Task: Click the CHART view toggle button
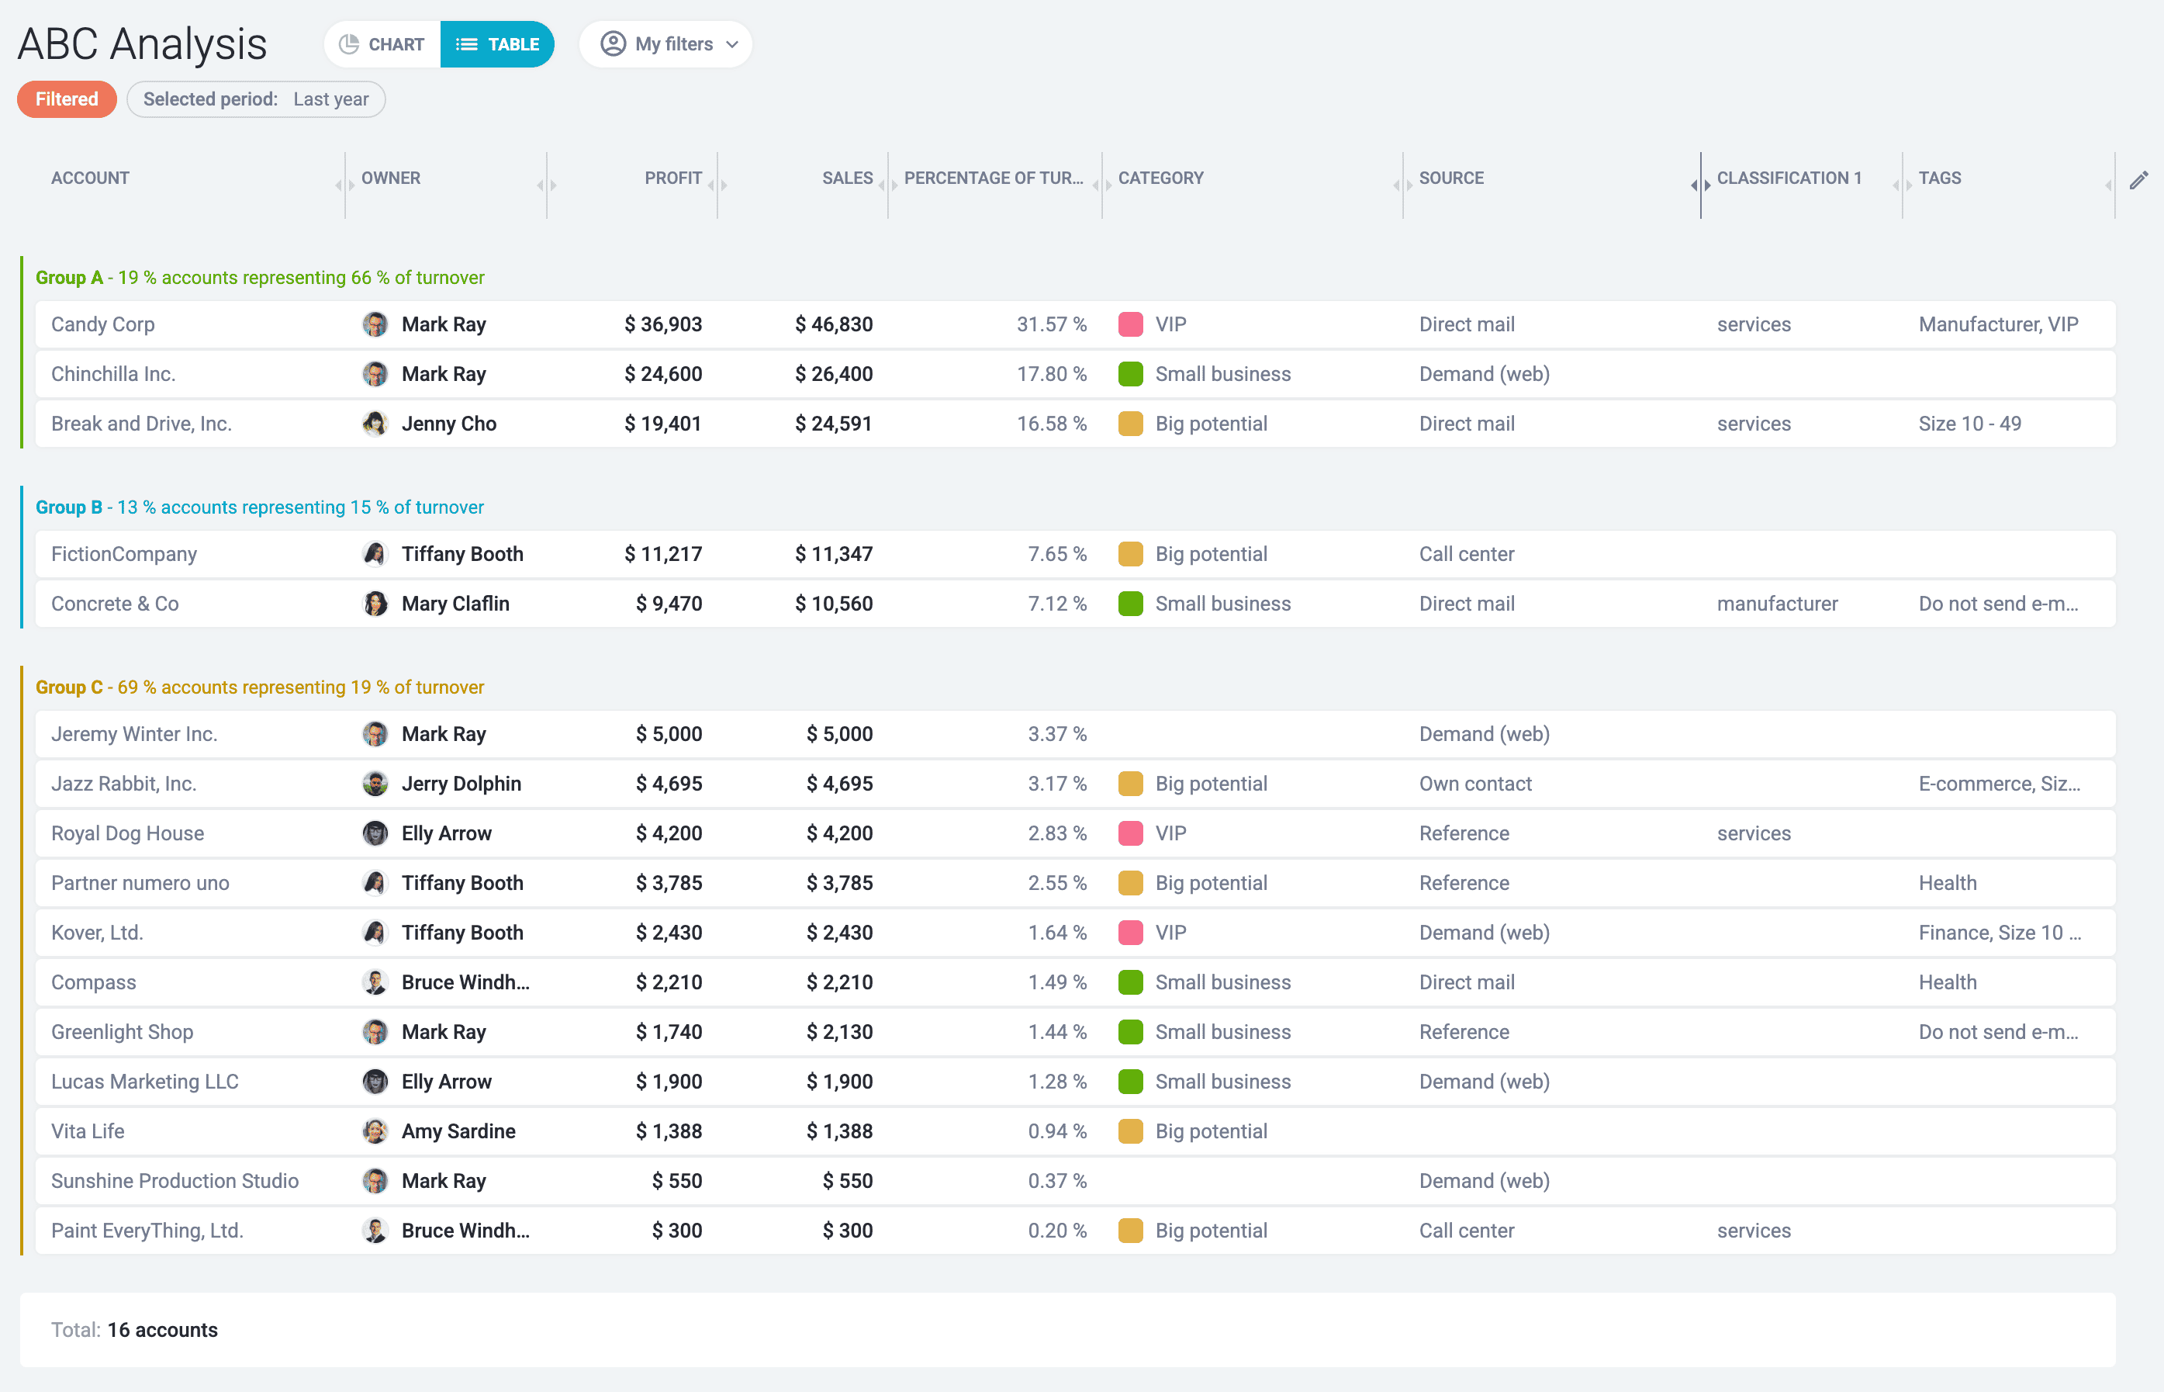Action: pyautogui.click(x=382, y=44)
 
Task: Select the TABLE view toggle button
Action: pyautogui.click(x=497, y=44)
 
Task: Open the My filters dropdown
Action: pyautogui.click(x=666, y=44)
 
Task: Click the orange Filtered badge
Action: pyautogui.click(x=67, y=99)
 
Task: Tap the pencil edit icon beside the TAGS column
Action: pyautogui.click(x=2138, y=180)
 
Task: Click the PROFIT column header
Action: pyautogui.click(x=672, y=178)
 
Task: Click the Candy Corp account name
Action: pyautogui.click(x=103, y=324)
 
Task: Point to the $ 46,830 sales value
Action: pyautogui.click(x=833, y=324)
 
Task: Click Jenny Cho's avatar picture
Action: pyautogui.click(x=375, y=424)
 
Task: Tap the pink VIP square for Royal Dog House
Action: pyautogui.click(x=1130, y=833)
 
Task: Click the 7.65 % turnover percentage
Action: pyautogui.click(x=1056, y=554)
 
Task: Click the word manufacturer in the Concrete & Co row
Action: pyautogui.click(x=1776, y=604)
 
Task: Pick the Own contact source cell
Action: pyautogui.click(x=1474, y=784)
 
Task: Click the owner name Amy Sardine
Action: pyautogui.click(x=458, y=1131)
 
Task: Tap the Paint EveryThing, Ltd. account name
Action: pyautogui.click(x=147, y=1231)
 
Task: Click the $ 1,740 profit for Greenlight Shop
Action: pyautogui.click(x=669, y=1032)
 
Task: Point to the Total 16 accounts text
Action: pyautogui.click(x=135, y=1330)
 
